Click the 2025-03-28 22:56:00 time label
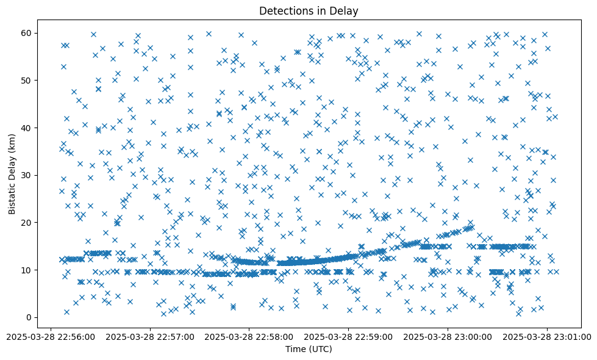point(51,336)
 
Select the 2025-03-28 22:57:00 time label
point(150,336)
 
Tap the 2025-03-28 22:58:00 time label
point(249,336)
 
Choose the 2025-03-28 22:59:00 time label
point(349,336)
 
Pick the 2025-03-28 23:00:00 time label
point(448,336)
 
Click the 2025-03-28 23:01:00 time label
point(547,336)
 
